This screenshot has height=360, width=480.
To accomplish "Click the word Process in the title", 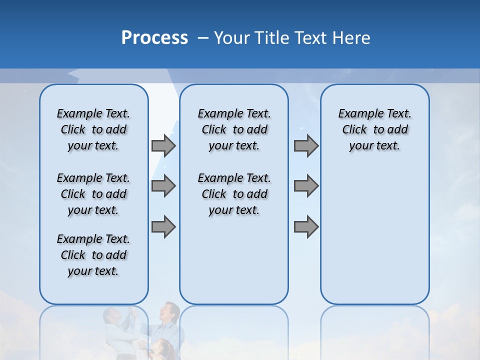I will (154, 37).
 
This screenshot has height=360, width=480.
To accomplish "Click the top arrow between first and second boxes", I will (163, 145).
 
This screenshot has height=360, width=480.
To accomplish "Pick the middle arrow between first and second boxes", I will (163, 186).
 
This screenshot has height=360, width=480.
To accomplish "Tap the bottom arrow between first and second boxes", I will (163, 226).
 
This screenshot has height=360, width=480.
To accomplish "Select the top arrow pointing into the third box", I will (306, 145).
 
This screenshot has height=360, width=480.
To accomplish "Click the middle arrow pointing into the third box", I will (306, 186).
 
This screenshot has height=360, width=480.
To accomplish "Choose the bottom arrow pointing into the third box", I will (306, 226).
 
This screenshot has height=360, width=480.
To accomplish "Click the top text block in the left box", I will (93, 129).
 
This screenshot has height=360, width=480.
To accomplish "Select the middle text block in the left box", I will (93, 194).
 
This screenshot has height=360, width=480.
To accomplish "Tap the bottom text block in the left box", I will (93, 255).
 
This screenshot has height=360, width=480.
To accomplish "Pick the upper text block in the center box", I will (234, 129).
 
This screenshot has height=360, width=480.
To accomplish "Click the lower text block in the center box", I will (234, 194).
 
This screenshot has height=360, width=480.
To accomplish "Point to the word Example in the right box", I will (357, 114).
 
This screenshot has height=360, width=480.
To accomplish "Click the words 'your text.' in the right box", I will (374, 146).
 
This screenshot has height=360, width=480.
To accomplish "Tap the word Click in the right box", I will (354, 130).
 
